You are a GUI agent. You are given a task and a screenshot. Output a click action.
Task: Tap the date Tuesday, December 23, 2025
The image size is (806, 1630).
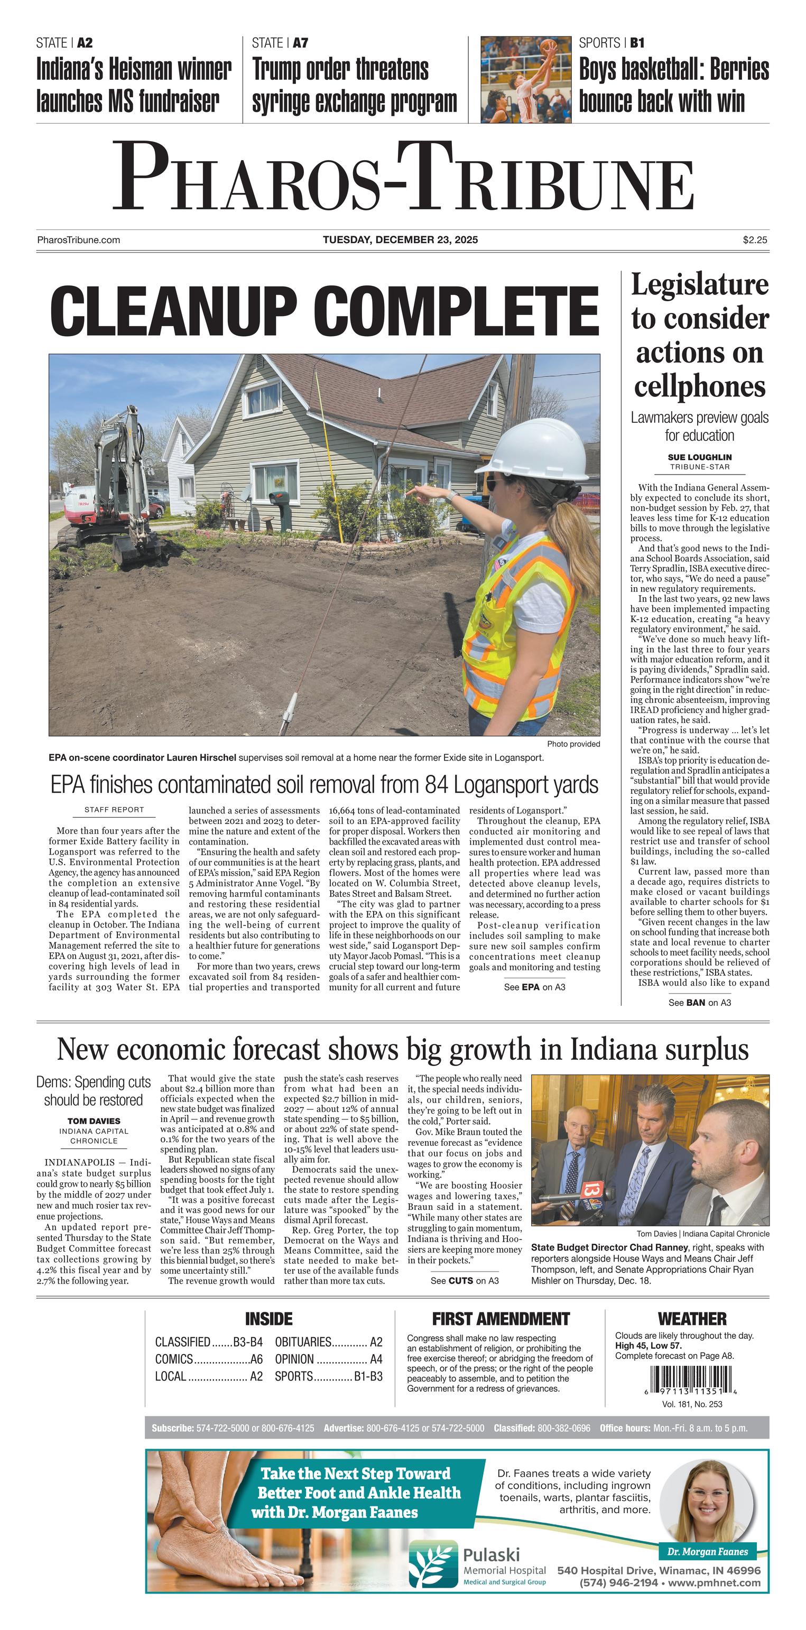(x=400, y=240)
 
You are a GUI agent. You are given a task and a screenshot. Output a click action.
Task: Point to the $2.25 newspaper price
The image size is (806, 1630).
(x=755, y=240)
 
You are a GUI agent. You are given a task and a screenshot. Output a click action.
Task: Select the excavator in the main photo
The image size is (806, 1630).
(x=114, y=487)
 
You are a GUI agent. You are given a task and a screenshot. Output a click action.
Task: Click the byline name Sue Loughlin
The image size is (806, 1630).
(x=699, y=457)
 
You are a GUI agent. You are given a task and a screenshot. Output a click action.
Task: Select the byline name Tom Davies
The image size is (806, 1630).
(x=94, y=1120)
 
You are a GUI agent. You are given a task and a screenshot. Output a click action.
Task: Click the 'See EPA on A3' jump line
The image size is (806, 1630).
(x=534, y=987)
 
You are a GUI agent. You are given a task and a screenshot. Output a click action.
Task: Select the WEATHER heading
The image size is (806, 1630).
(x=692, y=1319)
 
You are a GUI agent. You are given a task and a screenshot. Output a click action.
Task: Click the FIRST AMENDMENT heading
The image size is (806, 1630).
(x=501, y=1319)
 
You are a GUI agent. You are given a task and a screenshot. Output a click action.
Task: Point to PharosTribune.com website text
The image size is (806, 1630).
(x=78, y=240)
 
